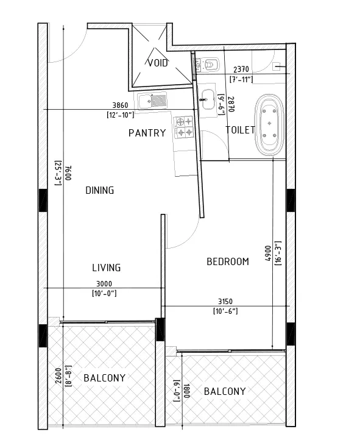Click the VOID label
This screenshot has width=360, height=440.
(x=158, y=63)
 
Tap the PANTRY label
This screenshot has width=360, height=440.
(x=147, y=133)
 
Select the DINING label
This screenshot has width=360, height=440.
(x=100, y=191)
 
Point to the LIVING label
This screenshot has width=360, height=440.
(x=107, y=268)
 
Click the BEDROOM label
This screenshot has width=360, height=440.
(x=228, y=262)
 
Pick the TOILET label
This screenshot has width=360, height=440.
(x=240, y=130)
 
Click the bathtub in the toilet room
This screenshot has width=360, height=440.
(x=269, y=125)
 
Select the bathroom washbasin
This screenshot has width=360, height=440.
(x=208, y=99)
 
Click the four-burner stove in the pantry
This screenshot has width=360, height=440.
(x=184, y=127)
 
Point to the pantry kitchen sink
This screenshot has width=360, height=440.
(x=152, y=101)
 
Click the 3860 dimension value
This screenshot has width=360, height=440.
(x=120, y=105)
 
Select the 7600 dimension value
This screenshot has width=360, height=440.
(x=69, y=173)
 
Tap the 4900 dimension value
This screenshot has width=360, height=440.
(x=268, y=254)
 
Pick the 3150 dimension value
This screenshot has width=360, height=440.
(x=225, y=302)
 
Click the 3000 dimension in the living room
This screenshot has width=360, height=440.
(x=104, y=284)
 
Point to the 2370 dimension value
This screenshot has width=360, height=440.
(x=241, y=69)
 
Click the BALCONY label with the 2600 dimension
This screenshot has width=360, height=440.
(x=105, y=378)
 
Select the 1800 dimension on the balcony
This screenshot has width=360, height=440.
(x=186, y=391)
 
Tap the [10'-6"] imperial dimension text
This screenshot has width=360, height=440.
(x=225, y=311)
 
